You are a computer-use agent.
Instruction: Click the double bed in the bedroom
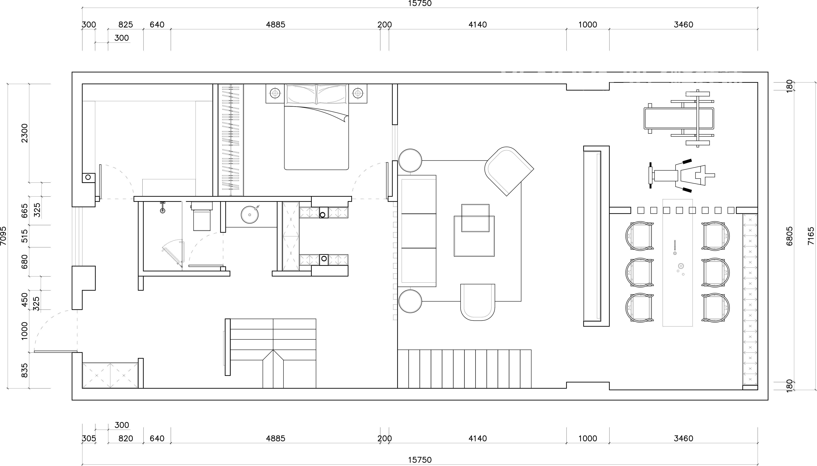pyautogui.click(x=316, y=127)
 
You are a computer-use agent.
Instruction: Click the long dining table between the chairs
pyautogui.click(x=678, y=263)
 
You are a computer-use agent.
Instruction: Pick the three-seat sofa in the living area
pyautogui.click(x=417, y=231)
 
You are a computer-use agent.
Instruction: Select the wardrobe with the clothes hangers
pyautogui.click(x=231, y=140)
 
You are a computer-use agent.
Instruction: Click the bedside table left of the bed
pyautogui.click(x=275, y=93)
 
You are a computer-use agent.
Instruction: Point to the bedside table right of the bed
pyautogui.click(x=358, y=93)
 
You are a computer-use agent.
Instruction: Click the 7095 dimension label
pyautogui.click(x=3, y=236)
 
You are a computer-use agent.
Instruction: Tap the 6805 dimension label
pyautogui.click(x=789, y=236)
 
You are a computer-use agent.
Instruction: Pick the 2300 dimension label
pyautogui.click(x=25, y=133)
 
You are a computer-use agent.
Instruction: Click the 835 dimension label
pyautogui.click(x=25, y=370)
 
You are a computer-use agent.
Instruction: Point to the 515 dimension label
pyautogui.click(x=25, y=236)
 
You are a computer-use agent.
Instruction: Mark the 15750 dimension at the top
pyautogui.click(x=420, y=4)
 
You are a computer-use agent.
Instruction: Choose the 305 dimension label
pyautogui.click(x=89, y=438)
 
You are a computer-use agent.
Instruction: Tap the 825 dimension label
pyautogui.click(x=126, y=25)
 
